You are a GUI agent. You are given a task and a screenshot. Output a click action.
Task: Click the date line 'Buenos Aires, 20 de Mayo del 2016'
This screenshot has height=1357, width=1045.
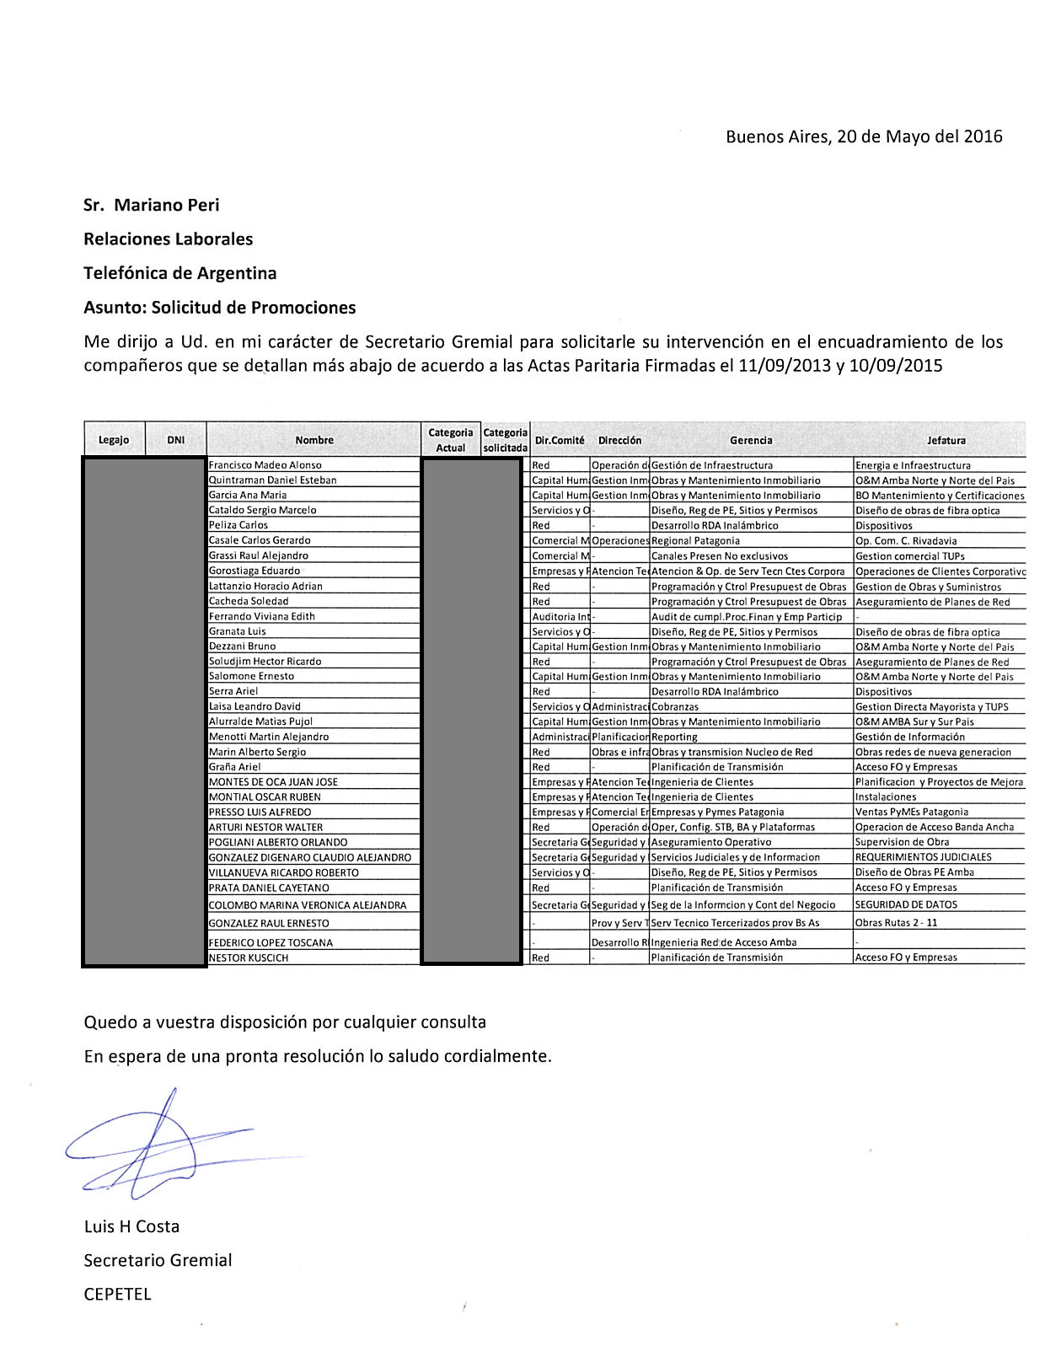(864, 137)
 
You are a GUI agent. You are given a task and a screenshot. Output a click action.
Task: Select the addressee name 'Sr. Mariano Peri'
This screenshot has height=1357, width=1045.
(152, 205)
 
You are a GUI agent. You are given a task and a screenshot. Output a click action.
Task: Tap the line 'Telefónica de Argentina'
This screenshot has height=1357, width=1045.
(180, 273)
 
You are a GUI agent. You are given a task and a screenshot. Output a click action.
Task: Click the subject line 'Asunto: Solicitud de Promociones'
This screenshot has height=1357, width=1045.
(219, 308)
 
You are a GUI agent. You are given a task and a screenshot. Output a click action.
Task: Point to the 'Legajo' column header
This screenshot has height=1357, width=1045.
(114, 440)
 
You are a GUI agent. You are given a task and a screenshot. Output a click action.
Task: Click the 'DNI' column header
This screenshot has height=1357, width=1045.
(175, 440)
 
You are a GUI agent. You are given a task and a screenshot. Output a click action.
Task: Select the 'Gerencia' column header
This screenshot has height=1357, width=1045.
(751, 440)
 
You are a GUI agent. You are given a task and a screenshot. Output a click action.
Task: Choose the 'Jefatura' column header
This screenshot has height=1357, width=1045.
(946, 440)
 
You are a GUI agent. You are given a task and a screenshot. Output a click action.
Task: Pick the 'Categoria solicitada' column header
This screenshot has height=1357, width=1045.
(505, 440)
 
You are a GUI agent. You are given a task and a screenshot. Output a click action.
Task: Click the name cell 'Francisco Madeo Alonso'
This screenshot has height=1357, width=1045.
(265, 465)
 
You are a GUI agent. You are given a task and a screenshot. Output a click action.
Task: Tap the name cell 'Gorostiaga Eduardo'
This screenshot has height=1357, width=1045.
(254, 571)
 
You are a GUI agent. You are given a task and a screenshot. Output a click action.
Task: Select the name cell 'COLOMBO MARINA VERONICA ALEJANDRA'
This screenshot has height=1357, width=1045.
(307, 905)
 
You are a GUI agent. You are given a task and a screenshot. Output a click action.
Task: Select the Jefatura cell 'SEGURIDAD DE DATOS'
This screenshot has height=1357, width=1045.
(905, 904)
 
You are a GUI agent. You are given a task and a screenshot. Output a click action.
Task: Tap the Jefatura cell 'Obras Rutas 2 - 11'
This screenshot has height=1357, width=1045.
(896, 923)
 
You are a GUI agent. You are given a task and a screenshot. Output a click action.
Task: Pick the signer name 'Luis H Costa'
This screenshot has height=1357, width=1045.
(131, 1226)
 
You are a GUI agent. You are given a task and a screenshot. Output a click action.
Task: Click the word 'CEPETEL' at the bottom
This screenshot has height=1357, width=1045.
(117, 1295)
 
